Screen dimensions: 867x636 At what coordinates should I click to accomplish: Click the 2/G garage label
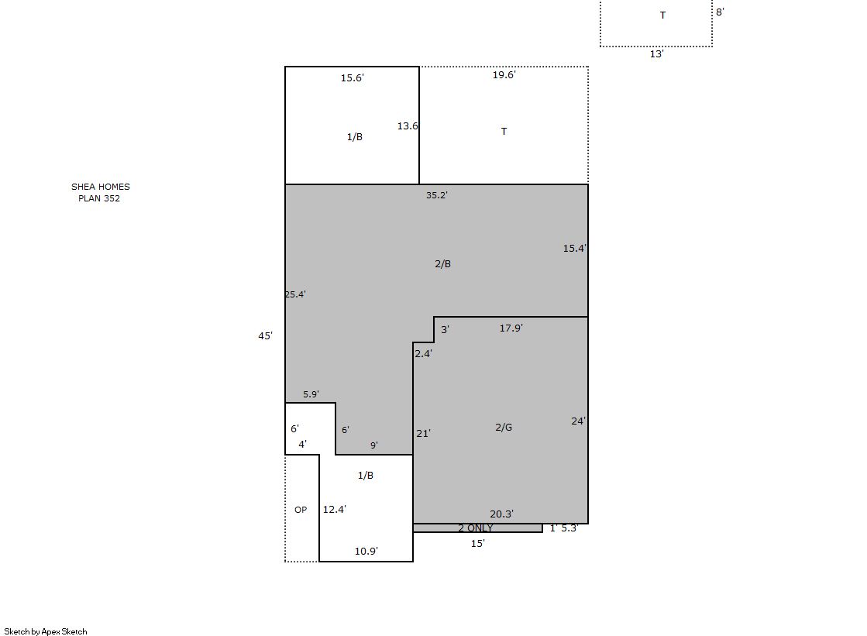(x=503, y=427)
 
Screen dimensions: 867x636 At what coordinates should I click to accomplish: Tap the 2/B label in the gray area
(x=442, y=264)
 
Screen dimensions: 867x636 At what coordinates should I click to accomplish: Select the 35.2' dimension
(x=437, y=195)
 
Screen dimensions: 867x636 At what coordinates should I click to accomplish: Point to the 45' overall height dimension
(x=266, y=335)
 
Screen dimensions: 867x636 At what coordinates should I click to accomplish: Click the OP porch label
(x=301, y=510)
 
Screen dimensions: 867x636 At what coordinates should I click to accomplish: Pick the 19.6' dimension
(x=504, y=74)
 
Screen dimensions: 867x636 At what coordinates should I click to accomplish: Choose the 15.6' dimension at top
(x=353, y=78)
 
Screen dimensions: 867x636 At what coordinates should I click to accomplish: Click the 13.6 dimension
(x=408, y=126)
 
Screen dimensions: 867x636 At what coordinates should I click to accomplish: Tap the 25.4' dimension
(x=295, y=294)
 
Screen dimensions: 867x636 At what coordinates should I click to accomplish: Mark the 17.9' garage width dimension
(x=511, y=328)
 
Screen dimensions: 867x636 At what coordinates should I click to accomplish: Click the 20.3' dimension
(x=501, y=514)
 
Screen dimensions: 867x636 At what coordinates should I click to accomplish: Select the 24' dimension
(x=578, y=421)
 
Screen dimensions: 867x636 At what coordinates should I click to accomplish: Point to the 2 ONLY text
(x=475, y=528)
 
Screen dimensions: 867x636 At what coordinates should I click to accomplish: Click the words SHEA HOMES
(x=101, y=187)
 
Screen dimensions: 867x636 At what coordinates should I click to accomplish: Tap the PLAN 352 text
(x=99, y=198)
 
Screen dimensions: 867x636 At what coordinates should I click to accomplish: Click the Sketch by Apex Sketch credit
(x=46, y=631)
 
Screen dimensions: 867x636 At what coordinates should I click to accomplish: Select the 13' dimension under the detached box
(x=656, y=54)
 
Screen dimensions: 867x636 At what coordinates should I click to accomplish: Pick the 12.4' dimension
(x=335, y=510)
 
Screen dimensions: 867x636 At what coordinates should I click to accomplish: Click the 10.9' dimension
(x=366, y=551)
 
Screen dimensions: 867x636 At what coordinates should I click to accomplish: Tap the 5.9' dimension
(x=311, y=394)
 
